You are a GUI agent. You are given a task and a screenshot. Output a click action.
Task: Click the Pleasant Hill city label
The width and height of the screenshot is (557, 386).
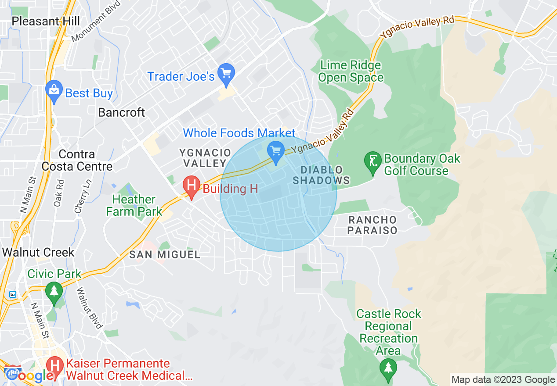(x=46, y=21)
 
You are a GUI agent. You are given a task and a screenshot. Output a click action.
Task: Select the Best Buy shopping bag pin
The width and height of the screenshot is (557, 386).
(x=54, y=91)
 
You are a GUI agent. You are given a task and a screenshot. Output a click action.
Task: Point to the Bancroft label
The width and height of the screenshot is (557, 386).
(x=121, y=112)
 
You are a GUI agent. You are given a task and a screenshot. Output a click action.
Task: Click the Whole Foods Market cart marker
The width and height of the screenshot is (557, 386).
(x=276, y=152)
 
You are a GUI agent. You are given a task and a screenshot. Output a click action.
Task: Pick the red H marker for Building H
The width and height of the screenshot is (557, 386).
(x=192, y=186)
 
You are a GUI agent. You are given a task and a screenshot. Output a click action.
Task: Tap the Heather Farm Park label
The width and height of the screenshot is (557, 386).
(x=134, y=205)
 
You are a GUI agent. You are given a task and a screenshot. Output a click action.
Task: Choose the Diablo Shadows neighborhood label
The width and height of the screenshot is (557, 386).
(x=321, y=175)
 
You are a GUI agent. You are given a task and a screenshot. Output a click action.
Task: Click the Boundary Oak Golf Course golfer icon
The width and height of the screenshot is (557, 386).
(x=373, y=162)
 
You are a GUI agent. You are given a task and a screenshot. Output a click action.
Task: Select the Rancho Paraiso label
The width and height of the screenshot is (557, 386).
(x=373, y=225)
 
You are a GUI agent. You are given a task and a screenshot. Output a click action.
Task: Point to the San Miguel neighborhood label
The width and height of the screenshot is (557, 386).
(x=165, y=254)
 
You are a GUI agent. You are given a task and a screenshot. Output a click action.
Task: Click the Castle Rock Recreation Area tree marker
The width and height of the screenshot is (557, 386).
(x=388, y=368)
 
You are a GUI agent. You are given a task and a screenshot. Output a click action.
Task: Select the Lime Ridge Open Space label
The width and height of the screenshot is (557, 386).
(x=351, y=71)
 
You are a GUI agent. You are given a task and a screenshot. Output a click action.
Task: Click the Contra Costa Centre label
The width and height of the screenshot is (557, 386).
(x=77, y=160)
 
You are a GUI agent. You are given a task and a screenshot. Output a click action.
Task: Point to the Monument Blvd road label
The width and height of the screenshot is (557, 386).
(x=90, y=27)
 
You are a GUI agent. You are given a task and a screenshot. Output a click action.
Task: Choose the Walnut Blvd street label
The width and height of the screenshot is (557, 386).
(x=89, y=308)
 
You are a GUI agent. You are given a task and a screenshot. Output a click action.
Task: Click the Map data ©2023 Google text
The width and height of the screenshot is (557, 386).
(x=503, y=380)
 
